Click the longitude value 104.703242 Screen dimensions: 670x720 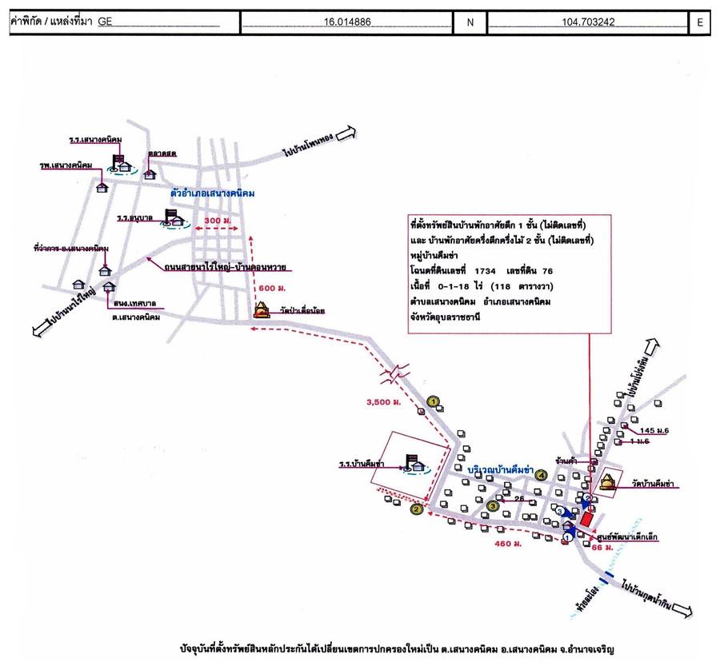click(587, 22)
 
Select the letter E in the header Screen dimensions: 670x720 click(699, 23)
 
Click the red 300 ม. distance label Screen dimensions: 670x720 click(216, 219)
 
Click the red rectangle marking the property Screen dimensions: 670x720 click(587, 519)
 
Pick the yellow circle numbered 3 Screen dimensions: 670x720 click(493, 505)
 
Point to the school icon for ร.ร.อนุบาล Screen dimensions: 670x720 click(173, 217)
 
